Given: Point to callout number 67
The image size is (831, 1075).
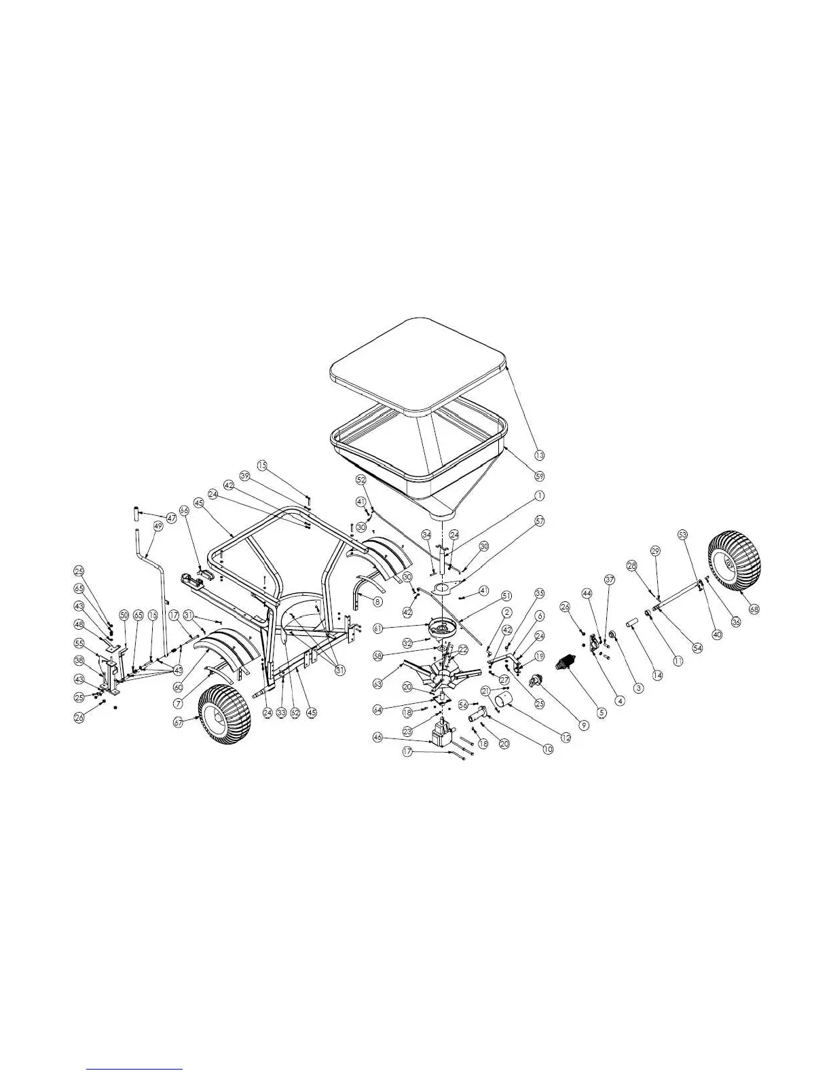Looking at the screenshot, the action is (179, 723).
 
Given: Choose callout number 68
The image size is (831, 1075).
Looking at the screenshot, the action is (754, 609).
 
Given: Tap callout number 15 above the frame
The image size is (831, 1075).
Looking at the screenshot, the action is (262, 466).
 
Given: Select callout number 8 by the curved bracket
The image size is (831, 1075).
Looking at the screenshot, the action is (377, 601).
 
